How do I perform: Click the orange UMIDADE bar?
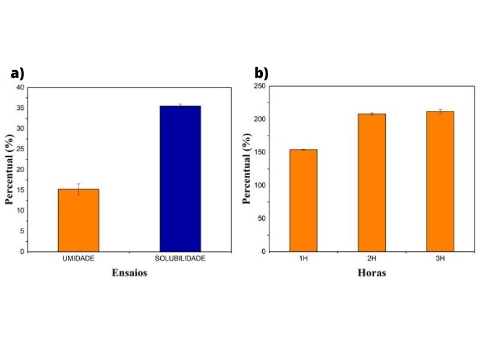click(x=79, y=220)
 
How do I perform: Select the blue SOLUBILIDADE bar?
click(x=180, y=179)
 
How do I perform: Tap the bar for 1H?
click(x=303, y=200)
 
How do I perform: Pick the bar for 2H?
click(x=371, y=182)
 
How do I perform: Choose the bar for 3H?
click(x=440, y=181)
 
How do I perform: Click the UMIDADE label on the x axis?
click(x=79, y=259)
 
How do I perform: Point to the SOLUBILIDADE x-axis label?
click(x=180, y=259)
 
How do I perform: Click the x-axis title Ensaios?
click(x=129, y=273)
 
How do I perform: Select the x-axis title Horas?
click(x=371, y=273)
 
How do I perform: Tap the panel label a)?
click(x=17, y=74)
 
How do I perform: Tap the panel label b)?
click(x=262, y=74)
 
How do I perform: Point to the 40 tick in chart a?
click(x=21, y=88)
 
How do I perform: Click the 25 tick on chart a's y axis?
click(x=21, y=149)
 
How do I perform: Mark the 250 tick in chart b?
click(x=259, y=86)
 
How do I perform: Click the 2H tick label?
click(x=371, y=259)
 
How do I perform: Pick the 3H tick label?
click(x=440, y=259)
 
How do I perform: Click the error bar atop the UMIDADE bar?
click(x=79, y=189)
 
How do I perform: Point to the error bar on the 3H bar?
click(x=440, y=111)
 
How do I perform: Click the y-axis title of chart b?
click(x=247, y=170)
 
